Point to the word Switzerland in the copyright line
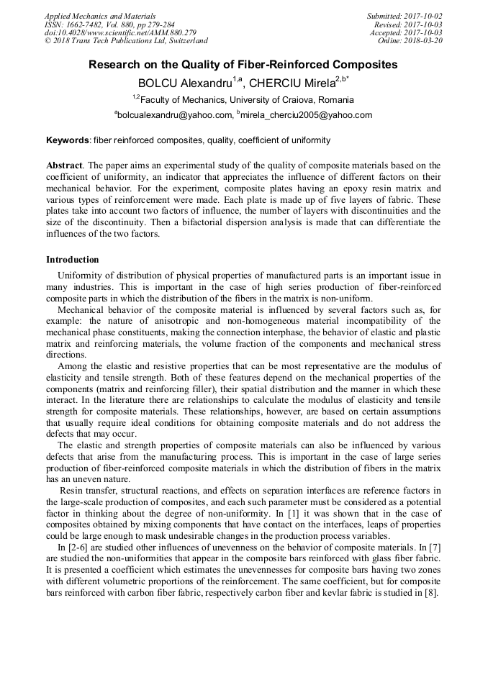pos(184,41)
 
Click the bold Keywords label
pos(68,140)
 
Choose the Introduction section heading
pos(73,260)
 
